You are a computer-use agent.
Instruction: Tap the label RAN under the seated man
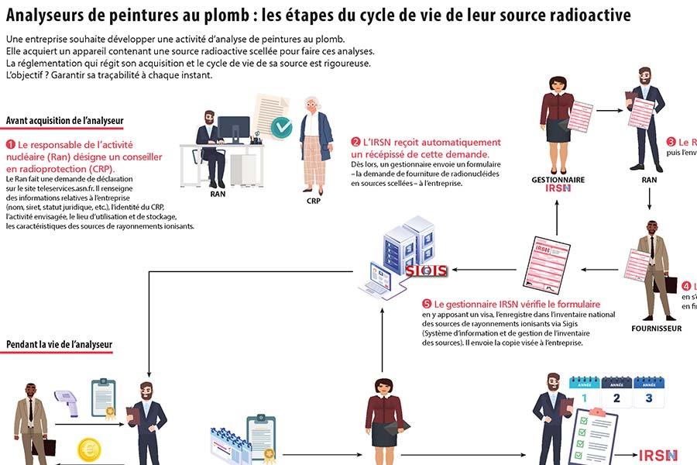[218, 195]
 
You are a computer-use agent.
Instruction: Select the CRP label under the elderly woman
[314, 199]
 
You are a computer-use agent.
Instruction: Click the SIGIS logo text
[427, 270]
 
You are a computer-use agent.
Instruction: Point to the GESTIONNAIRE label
[558, 180]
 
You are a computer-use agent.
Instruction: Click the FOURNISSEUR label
[657, 329]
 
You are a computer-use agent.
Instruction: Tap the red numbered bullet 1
[11, 145]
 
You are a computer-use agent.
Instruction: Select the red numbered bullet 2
[355, 143]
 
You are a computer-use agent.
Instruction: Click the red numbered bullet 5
[427, 305]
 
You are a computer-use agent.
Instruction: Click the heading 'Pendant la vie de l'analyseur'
[60, 344]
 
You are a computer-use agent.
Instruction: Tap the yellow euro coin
[88, 449]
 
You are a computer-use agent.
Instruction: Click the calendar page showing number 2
[616, 394]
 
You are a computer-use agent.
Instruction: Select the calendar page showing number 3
[649, 394]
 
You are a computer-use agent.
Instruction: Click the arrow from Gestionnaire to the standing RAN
[609, 111]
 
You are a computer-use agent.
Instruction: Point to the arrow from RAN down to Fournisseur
[649, 199]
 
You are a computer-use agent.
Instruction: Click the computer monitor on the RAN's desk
[234, 129]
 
